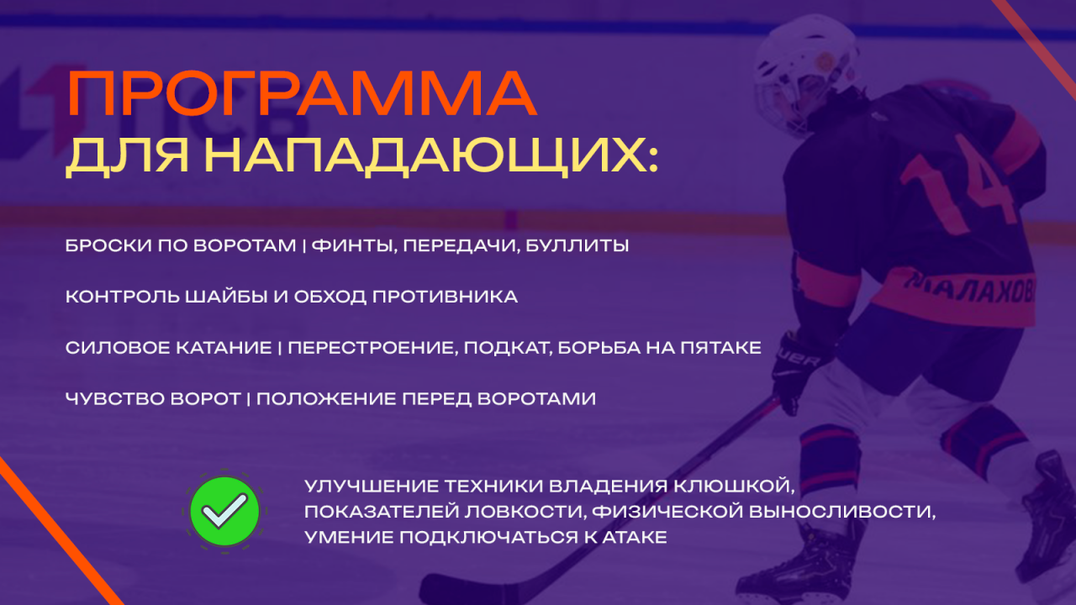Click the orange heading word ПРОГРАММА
point(302,93)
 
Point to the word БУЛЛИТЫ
point(577,246)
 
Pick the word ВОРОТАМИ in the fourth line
point(536,398)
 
